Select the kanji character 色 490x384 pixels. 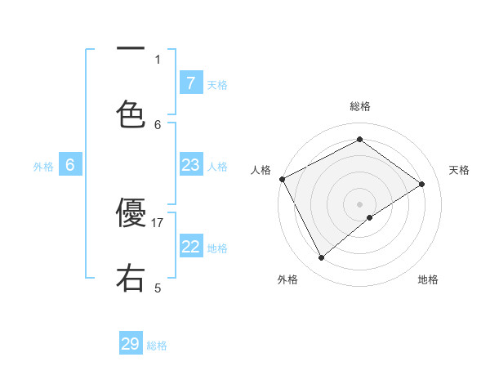coord(131,114)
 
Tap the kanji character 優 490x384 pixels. coord(131,214)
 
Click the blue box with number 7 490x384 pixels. coord(191,83)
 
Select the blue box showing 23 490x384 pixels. coord(191,166)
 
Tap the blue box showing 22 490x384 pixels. coord(191,247)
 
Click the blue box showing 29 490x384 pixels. coord(131,344)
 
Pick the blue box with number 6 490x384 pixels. coord(70,166)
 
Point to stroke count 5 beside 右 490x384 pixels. coord(158,288)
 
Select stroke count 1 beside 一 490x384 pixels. coord(158,59)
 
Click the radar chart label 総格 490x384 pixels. coord(360,106)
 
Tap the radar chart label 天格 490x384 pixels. coord(460,170)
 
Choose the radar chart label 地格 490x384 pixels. coord(428,279)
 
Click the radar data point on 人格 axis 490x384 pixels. coord(282,179)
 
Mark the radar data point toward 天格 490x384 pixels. coord(422,185)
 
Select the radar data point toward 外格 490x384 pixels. coord(322,258)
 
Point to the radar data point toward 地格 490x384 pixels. coord(370,217)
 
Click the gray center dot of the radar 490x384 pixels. coord(360,203)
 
